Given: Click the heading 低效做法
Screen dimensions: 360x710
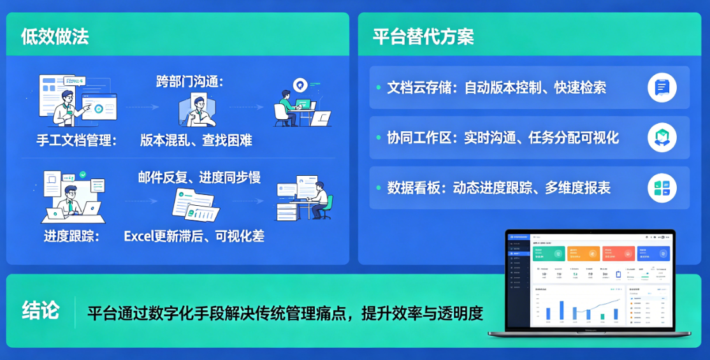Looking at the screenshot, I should (x=54, y=36).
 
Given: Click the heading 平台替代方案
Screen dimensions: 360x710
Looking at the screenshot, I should (x=423, y=36).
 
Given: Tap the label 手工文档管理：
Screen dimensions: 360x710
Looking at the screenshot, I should (x=77, y=140).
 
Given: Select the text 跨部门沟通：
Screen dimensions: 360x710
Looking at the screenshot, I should (x=190, y=82).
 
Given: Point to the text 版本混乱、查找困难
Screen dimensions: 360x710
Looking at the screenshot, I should (x=196, y=140).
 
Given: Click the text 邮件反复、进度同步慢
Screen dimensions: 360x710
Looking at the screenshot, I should (x=199, y=177).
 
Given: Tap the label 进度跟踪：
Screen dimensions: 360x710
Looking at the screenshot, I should (x=72, y=236).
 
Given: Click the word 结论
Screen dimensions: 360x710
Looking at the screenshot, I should (x=41, y=310).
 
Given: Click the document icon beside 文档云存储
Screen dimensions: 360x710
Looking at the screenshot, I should (x=662, y=87).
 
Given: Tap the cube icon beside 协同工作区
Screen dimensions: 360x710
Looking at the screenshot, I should (x=662, y=138).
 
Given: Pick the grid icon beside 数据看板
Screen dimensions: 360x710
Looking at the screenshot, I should (x=662, y=188).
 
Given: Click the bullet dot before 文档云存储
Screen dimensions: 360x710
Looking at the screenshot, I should (x=379, y=87).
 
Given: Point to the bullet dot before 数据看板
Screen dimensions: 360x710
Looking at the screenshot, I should (x=379, y=188).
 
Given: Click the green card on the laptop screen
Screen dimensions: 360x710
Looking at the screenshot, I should (x=549, y=254).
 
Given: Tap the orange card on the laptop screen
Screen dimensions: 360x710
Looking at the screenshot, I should (x=583, y=254).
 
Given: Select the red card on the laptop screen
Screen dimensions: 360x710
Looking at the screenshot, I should (x=618, y=254).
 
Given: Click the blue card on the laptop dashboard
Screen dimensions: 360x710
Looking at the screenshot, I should (x=653, y=254).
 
